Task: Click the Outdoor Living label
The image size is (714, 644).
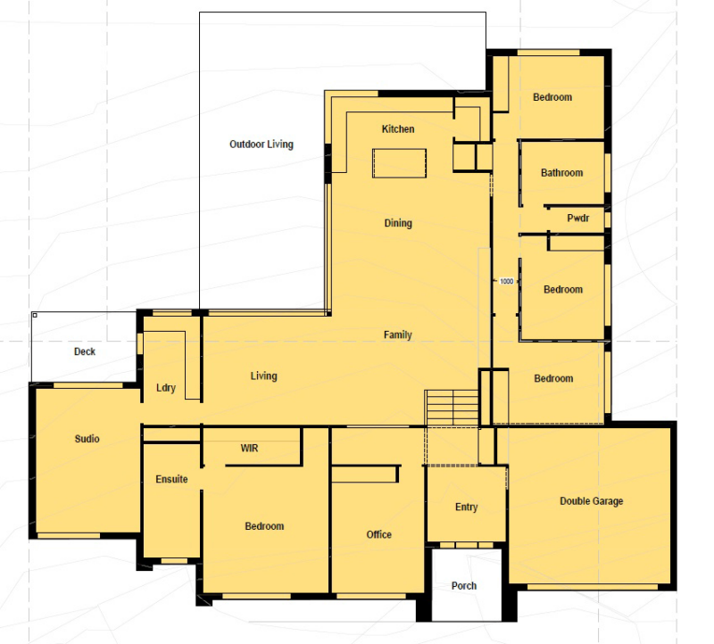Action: click(262, 144)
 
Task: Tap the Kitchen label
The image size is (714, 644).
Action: click(398, 128)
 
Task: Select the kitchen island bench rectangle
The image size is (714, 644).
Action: click(399, 163)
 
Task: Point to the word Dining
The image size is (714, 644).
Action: click(398, 223)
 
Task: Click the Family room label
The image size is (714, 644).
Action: click(397, 335)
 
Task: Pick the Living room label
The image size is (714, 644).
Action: click(263, 376)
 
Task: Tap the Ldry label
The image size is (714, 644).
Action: click(166, 388)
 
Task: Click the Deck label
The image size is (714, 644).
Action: click(85, 351)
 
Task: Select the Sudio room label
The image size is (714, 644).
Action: click(87, 439)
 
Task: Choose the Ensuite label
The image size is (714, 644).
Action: click(171, 479)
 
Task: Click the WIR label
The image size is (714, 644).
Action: click(249, 449)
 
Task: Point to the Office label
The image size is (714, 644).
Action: click(378, 534)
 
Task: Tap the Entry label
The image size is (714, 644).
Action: click(466, 507)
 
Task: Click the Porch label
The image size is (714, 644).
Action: click(464, 586)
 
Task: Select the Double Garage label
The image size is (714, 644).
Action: click(591, 501)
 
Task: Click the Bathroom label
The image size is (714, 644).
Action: click(562, 172)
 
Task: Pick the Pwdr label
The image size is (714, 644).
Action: click(578, 218)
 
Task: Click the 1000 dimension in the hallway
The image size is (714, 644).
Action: click(506, 281)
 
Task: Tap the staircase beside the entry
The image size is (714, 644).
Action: click(452, 408)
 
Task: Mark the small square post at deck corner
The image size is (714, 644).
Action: click(35, 315)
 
